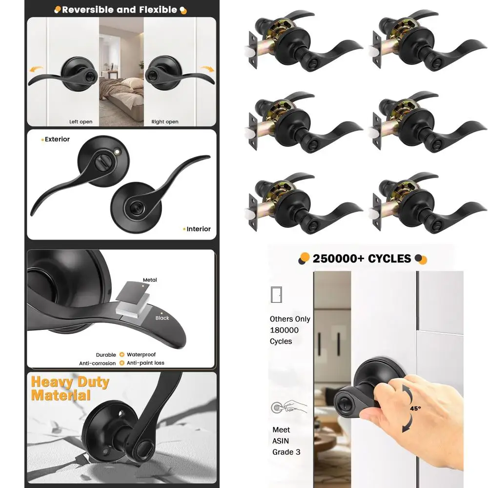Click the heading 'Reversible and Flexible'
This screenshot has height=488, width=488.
[120, 9]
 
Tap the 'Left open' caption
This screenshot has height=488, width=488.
[81, 122]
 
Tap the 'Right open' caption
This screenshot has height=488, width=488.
[164, 122]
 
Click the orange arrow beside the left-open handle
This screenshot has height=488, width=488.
[35, 70]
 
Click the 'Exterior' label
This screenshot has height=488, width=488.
[57, 139]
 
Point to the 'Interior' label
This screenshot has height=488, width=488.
[198, 229]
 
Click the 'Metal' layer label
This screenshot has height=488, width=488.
[150, 280]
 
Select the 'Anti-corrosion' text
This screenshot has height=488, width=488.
[98, 363]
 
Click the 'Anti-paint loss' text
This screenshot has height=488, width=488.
[146, 363]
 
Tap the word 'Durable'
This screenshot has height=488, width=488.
[106, 355]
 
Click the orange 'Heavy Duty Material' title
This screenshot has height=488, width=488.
[70, 388]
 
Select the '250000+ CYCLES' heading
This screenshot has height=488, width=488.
[362, 258]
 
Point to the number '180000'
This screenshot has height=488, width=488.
[284, 330]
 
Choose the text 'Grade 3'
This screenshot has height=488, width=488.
[286, 452]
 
